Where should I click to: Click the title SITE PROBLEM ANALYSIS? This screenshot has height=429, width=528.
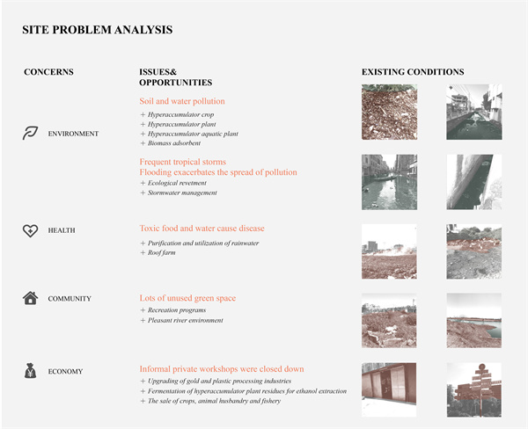(x=97, y=30)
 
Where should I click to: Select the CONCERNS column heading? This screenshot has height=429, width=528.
(x=48, y=72)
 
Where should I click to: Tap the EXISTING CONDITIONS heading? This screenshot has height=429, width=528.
(x=413, y=72)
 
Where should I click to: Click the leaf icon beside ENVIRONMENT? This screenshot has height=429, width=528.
(x=31, y=133)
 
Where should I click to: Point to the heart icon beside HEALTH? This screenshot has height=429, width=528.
(x=31, y=230)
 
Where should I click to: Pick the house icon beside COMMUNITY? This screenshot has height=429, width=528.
(x=31, y=298)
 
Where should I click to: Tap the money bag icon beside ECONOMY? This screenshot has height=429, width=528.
(x=31, y=370)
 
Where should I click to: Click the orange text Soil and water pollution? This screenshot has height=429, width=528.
(x=182, y=101)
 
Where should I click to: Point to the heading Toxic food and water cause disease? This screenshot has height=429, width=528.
(x=202, y=229)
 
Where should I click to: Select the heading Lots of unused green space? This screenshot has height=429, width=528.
(x=187, y=298)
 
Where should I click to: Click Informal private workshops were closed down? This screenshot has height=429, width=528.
(x=222, y=368)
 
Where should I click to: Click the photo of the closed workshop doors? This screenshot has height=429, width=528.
(x=389, y=389)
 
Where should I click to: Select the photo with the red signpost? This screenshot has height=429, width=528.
(x=473, y=389)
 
